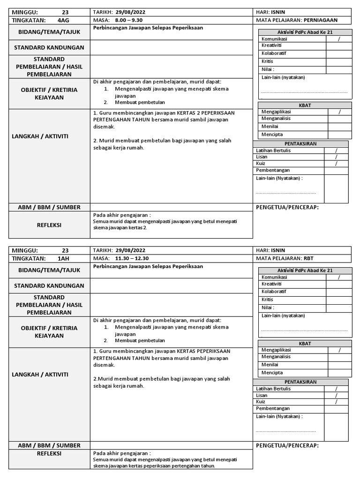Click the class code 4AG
63,20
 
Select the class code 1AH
63,258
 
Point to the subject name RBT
308,258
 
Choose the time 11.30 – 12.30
131,258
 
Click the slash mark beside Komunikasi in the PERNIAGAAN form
339,39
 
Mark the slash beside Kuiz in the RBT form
336,402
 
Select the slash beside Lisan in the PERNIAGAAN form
336,157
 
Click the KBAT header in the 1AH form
305,344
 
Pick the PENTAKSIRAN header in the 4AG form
300,143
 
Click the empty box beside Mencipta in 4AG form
340,135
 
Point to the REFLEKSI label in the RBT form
49,453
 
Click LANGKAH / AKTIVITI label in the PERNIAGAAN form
49,136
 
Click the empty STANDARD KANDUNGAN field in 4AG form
171,48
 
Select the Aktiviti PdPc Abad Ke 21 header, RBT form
305,270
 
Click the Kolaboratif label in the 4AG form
274,53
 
